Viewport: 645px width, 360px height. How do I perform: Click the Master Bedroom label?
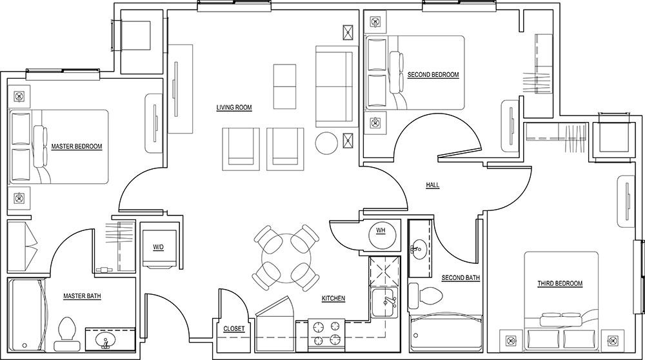[x=77, y=146]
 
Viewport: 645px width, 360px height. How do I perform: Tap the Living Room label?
[x=233, y=108]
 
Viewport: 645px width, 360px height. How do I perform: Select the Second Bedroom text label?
[x=433, y=75]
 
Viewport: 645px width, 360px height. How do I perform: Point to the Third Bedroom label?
[x=560, y=283]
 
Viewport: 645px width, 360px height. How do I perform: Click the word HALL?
[x=432, y=185]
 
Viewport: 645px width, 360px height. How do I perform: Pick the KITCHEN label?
[x=333, y=299]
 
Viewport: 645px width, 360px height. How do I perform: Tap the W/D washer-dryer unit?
[x=158, y=248]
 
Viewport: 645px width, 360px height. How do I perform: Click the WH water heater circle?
[x=381, y=231]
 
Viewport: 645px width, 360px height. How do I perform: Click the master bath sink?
[x=104, y=339]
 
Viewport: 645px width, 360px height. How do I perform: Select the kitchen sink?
[x=386, y=302]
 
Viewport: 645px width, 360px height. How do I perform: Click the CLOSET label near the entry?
[x=233, y=328]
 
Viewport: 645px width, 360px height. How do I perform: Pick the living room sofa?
[x=333, y=86]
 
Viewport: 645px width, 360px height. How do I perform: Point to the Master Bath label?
[x=82, y=296]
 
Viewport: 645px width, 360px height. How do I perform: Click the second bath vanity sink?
[x=420, y=246]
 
